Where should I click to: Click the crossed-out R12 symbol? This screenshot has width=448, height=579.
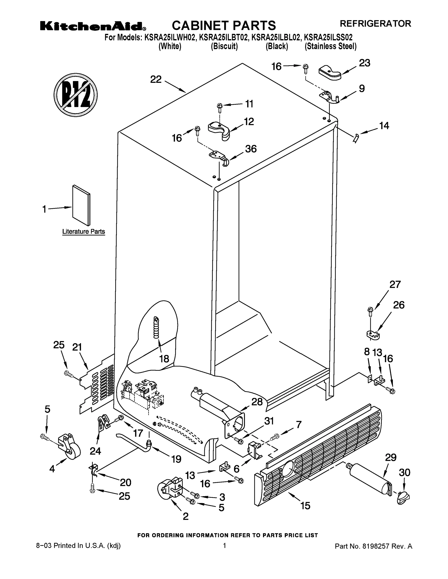[x=76, y=95]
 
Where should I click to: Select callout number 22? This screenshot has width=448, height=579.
[x=156, y=79]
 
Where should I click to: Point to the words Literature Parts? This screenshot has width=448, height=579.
[x=84, y=231]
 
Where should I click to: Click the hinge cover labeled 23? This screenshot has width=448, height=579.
[x=330, y=72]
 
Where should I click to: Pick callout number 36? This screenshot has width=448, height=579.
[x=251, y=149]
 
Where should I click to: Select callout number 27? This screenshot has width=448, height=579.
[x=395, y=284]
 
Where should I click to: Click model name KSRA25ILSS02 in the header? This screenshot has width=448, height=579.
[x=328, y=37]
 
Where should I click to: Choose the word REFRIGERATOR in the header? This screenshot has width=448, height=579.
[x=376, y=24]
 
